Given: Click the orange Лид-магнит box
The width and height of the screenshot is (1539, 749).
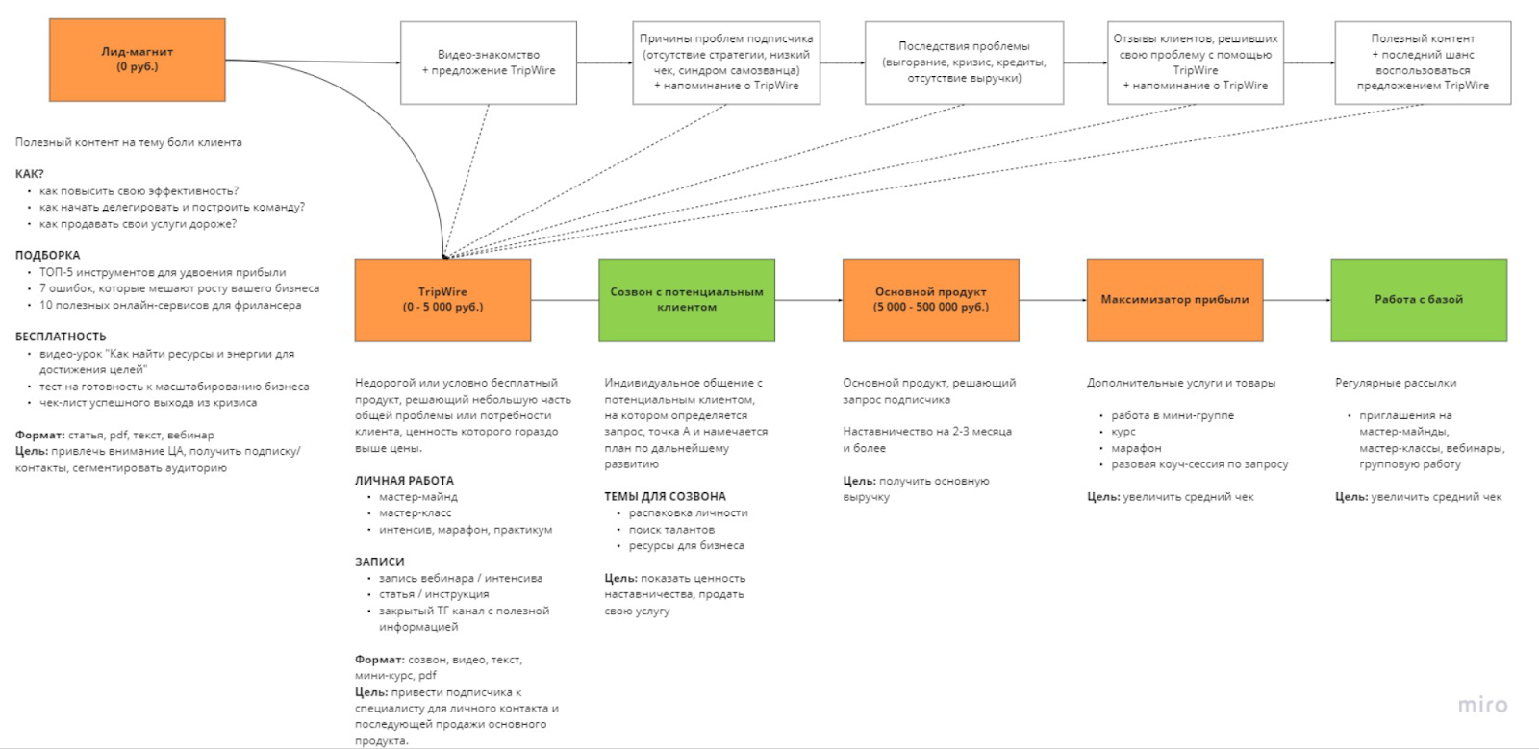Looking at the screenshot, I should click(138, 60).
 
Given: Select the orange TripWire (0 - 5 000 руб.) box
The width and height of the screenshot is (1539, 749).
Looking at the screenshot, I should click(442, 300).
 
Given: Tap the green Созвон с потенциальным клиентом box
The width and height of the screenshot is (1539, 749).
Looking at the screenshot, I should click(686, 300).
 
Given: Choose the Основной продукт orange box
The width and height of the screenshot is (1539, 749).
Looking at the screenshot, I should click(930, 300).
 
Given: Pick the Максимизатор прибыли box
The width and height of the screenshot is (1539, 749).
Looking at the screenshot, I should click(1174, 300).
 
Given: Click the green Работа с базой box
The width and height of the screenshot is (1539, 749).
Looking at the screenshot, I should click(1419, 300).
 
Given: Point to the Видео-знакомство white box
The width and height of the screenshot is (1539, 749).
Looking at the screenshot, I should click(489, 62).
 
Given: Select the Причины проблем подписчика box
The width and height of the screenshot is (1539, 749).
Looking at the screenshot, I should click(726, 62).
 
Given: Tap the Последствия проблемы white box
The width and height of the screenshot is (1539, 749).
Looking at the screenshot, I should click(964, 62).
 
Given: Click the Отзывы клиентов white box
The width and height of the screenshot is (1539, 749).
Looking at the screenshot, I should click(1196, 62).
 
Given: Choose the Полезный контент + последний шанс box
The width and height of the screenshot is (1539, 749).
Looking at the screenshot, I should click(1423, 62).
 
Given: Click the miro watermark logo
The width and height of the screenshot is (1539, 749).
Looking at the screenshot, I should click(1482, 705).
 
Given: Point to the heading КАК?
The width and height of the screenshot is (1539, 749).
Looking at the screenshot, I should click(30, 174).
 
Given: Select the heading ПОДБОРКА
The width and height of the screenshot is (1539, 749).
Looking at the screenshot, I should click(48, 255).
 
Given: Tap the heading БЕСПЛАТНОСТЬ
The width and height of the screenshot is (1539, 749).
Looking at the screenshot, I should click(61, 337).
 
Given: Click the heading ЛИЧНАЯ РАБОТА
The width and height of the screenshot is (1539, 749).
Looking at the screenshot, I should click(404, 481).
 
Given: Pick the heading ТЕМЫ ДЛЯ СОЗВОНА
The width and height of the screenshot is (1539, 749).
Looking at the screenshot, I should click(665, 497).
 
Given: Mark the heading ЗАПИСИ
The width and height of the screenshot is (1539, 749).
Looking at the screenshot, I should click(380, 562).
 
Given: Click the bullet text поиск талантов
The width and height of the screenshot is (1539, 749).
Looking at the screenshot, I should click(671, 530).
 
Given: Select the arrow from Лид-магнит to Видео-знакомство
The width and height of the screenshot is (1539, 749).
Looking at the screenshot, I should click(313, 62).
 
